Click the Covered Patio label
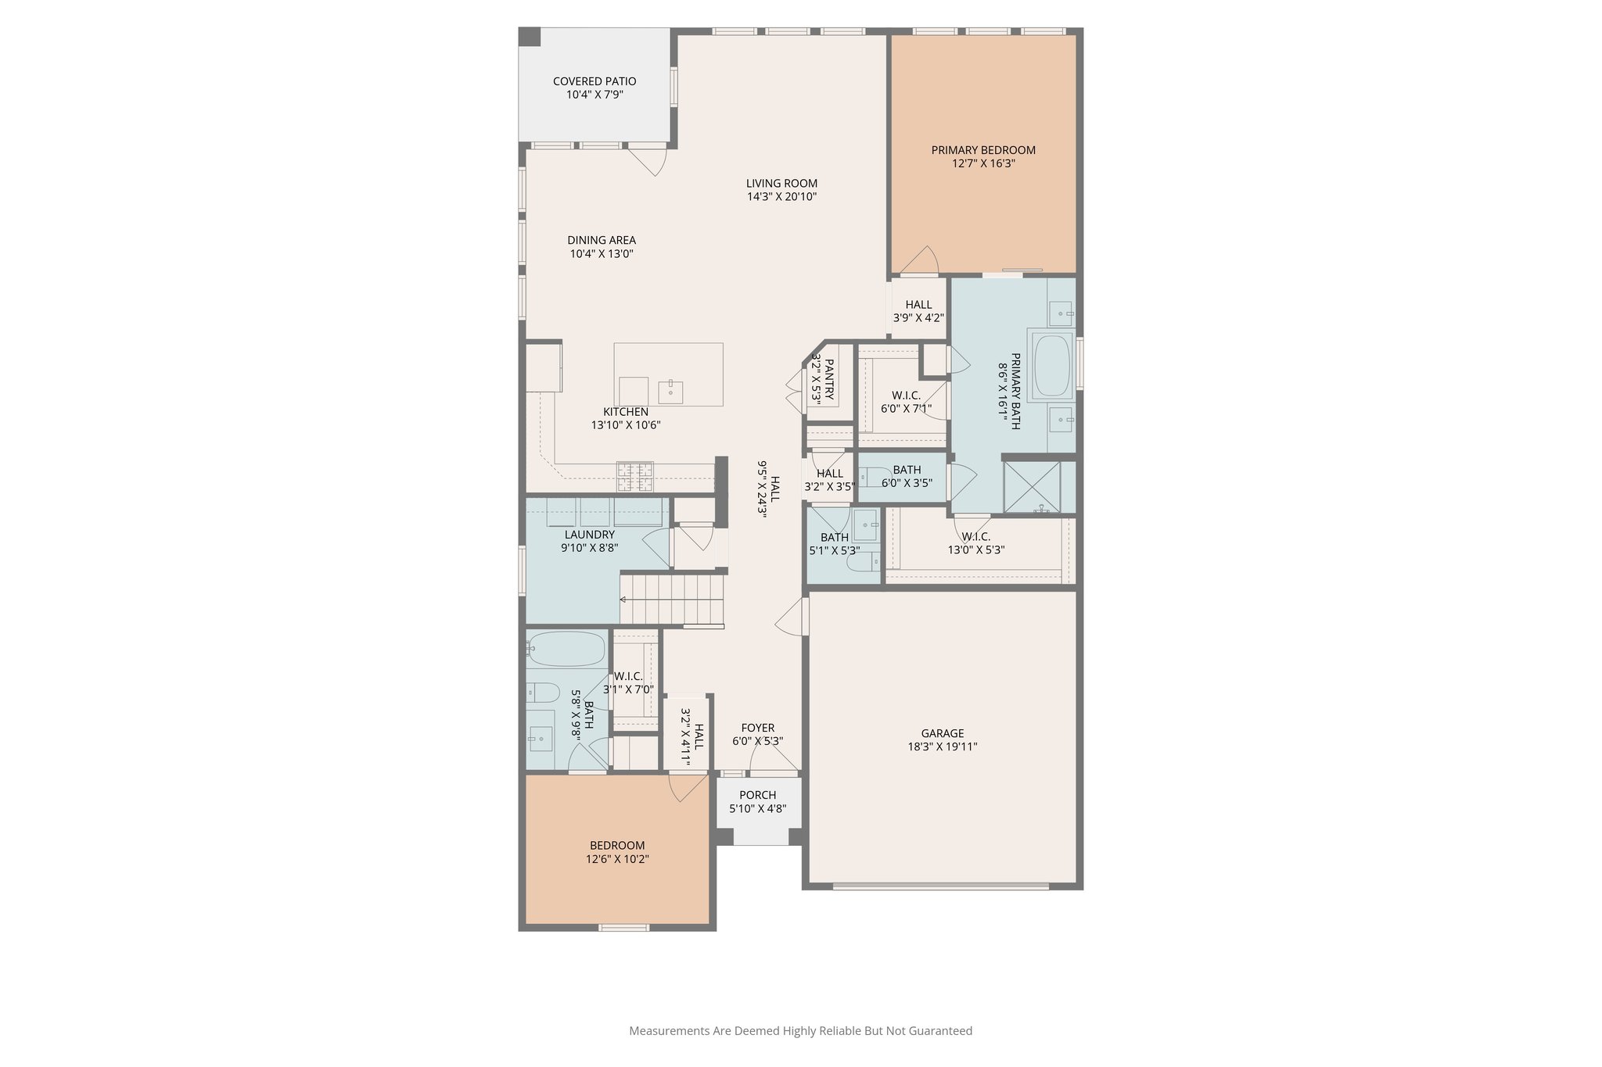[x=594, y=81]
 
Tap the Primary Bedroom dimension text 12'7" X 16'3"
[x=983, y=164]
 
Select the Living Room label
[x=781, y=184]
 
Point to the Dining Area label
[x=602, y=241]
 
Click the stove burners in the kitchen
[x=634, y=476]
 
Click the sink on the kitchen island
[x=670, y=391]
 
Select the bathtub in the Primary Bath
[x=1052, y=366]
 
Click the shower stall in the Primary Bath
[x=1032, y=487]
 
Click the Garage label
[x=942, y=733]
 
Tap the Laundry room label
[x=590, y=535]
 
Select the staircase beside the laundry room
[x=673, y=599]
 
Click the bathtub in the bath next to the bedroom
[x=566, y=649]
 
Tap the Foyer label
[x=757, y=728]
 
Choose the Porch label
[x=757, y=796]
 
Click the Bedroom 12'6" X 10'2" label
[x=617, y=846]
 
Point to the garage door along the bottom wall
[x=940, y=886]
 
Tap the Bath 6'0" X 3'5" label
[x=907, y=470]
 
